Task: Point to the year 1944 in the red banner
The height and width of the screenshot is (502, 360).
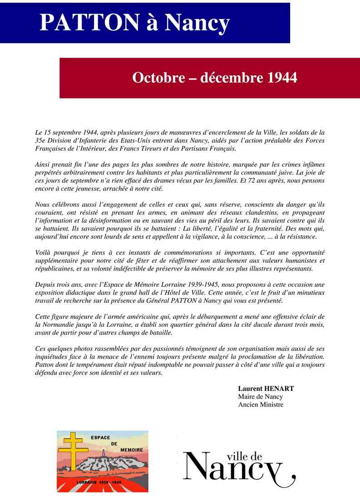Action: [282, 78]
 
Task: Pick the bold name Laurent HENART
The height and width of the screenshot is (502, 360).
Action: [266, 389]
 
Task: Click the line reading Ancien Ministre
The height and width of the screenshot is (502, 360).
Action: [261, 404]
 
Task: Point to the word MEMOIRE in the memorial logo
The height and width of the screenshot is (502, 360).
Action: [132, 449]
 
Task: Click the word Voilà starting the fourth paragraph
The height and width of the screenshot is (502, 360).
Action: [44, 252]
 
